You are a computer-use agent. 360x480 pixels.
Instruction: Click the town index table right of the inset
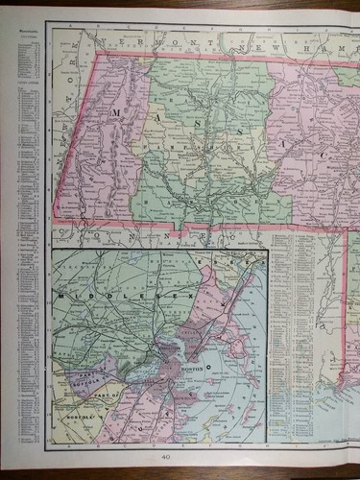tap(294, 326)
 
